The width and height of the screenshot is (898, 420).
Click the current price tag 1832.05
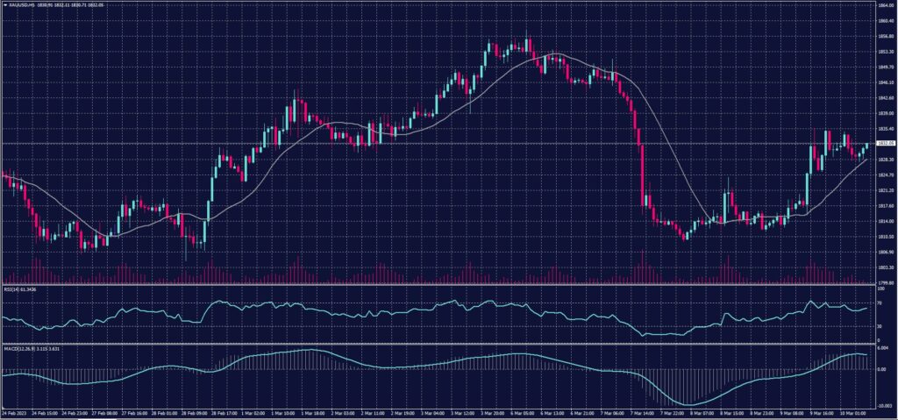(883, 143)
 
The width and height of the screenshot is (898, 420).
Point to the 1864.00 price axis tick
(883, 4)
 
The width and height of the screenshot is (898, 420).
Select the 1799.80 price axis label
(883, 282)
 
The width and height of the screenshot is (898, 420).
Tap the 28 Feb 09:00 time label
(193, 412)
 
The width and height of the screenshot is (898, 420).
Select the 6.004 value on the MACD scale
(883, 348)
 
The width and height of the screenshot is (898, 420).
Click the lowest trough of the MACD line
(693, 404)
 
